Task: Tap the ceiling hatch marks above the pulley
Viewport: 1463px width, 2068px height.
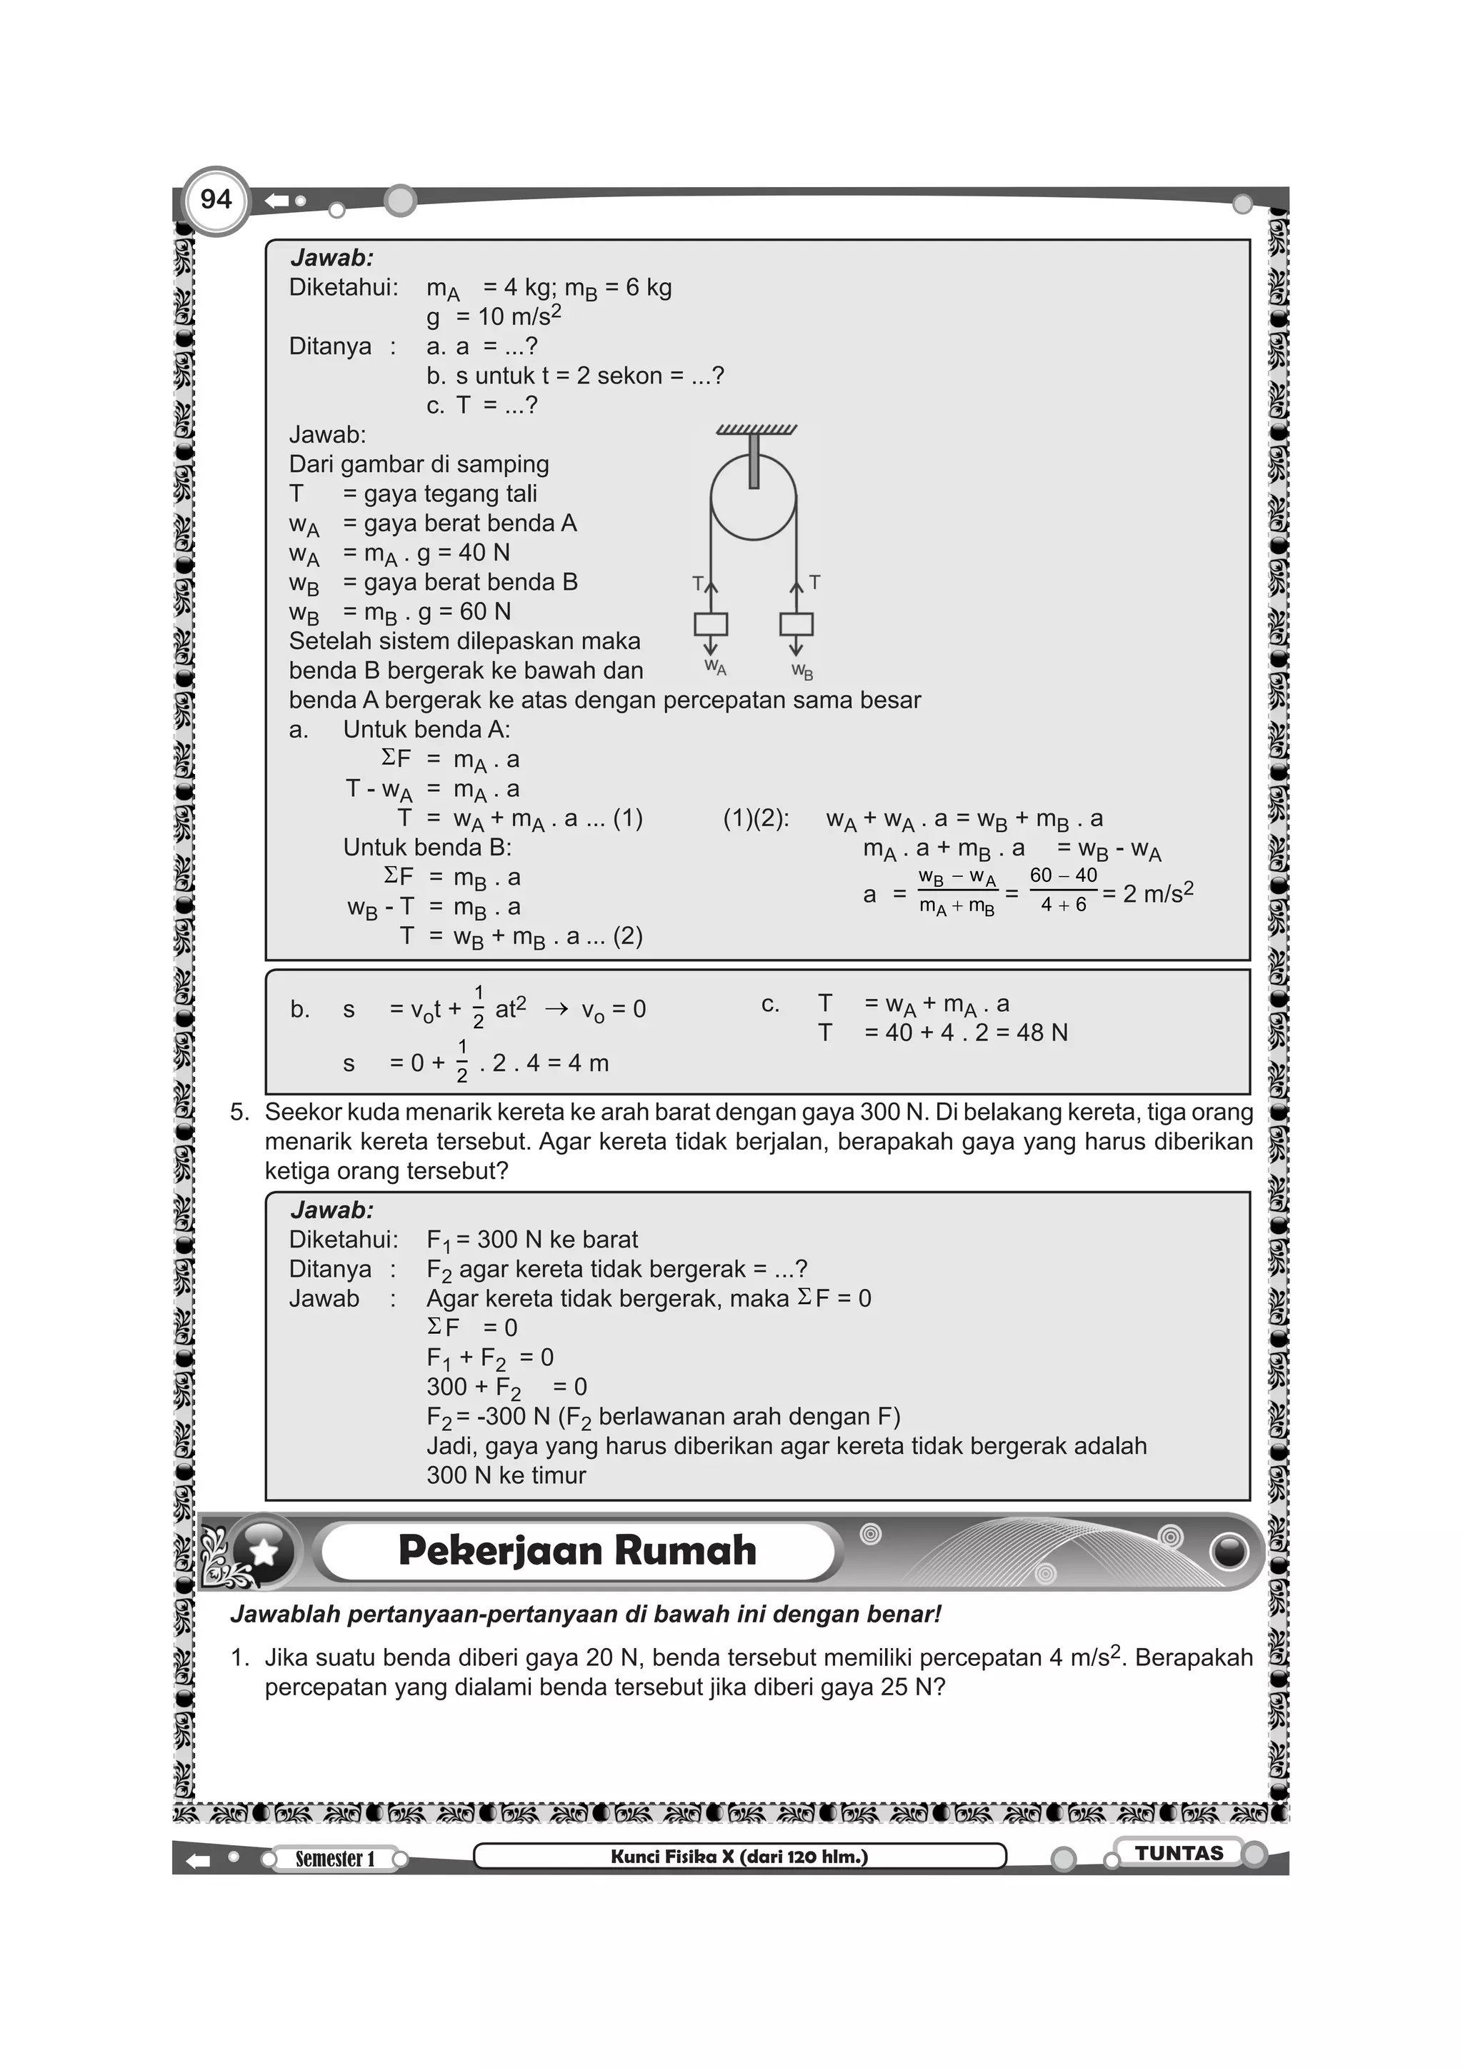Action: pos(756,430)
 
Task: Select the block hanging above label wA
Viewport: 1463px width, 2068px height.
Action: pos(710,624)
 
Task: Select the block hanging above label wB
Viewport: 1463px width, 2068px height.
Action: pos(797,624)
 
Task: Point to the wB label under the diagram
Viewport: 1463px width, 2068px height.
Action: pos(802,671)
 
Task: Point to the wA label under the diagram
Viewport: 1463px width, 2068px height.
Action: pos(714,668)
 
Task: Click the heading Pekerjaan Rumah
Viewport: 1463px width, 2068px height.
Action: pos(576,1551)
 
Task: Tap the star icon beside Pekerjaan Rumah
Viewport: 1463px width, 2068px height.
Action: pos(263,1551)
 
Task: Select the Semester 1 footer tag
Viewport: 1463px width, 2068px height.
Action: pos(334,1858)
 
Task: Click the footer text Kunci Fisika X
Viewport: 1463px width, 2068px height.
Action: pos(739,1857)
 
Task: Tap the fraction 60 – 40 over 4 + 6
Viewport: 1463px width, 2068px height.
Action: pos(1063,890)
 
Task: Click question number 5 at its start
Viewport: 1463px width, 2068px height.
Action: pos(239,1113)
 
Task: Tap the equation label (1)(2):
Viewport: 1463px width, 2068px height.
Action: pos(756,819)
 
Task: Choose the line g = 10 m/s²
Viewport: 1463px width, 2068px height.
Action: pos(494,317)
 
